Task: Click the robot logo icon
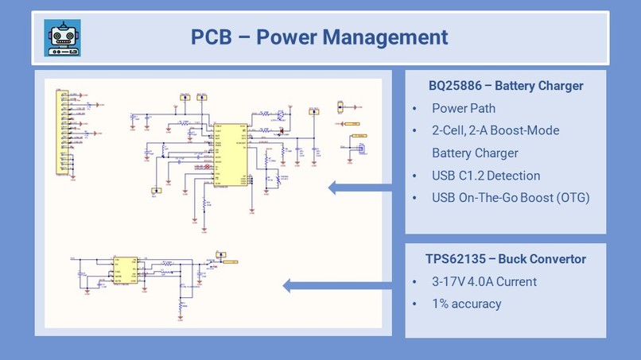coord(61,37)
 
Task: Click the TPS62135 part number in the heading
coord(454,259)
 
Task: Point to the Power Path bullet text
coord(463,108)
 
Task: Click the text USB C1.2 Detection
coord(486,176)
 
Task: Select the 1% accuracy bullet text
coord(466,304)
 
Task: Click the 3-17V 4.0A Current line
coord(484,281)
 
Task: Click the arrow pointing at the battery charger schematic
coord(362,188)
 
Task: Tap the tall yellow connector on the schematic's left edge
coord(60,131)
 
